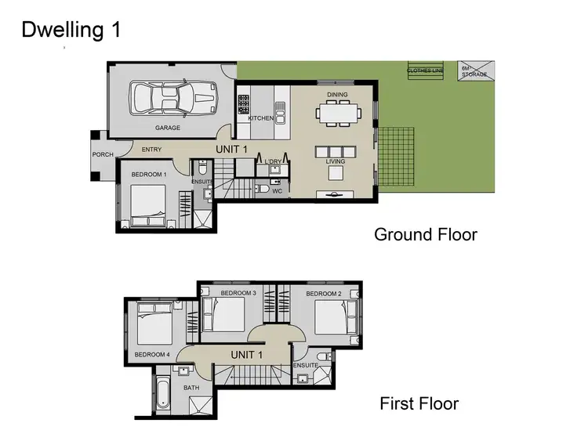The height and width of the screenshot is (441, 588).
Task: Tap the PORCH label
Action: click(x=103, y=154)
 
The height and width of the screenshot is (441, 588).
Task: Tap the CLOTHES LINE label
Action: click(x=424, y=70)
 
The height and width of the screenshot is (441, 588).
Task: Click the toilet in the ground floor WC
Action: click(x=263, y=189)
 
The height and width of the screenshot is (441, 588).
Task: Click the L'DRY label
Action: click(x=273, y=161)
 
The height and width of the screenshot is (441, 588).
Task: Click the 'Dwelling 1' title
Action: click(x=71, y=31)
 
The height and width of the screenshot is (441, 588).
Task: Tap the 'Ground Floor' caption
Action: click(x=425, y=233)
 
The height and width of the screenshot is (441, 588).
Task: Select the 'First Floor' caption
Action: click(x=419, y=404)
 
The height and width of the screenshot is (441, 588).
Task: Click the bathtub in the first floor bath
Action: click(x=163, y=393)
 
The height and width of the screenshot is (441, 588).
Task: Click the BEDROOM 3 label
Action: click(x=238, y=293)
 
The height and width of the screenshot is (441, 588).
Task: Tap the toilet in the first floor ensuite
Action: click(x=325, y=357)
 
